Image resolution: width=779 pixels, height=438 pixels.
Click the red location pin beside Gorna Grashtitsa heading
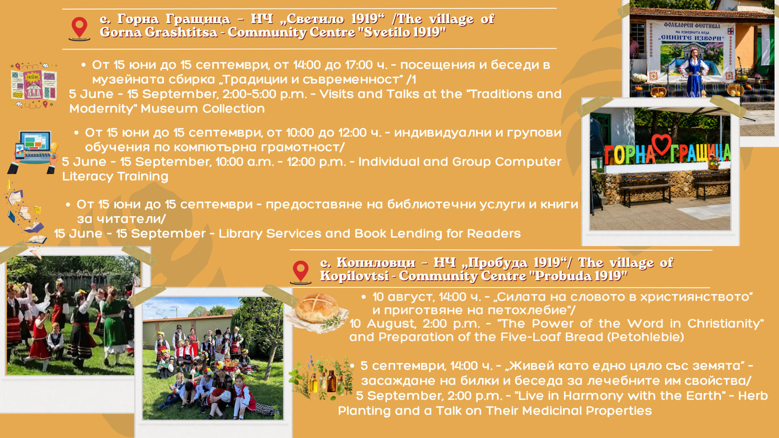(x=80, y=28)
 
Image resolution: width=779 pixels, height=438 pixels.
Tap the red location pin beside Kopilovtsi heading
(x=301, y=272)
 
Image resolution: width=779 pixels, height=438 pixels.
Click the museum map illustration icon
(x=34, y=85)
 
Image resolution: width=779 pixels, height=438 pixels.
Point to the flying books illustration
(x=25, y=219)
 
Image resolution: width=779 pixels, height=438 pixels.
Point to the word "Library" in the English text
(x=241, y=234)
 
